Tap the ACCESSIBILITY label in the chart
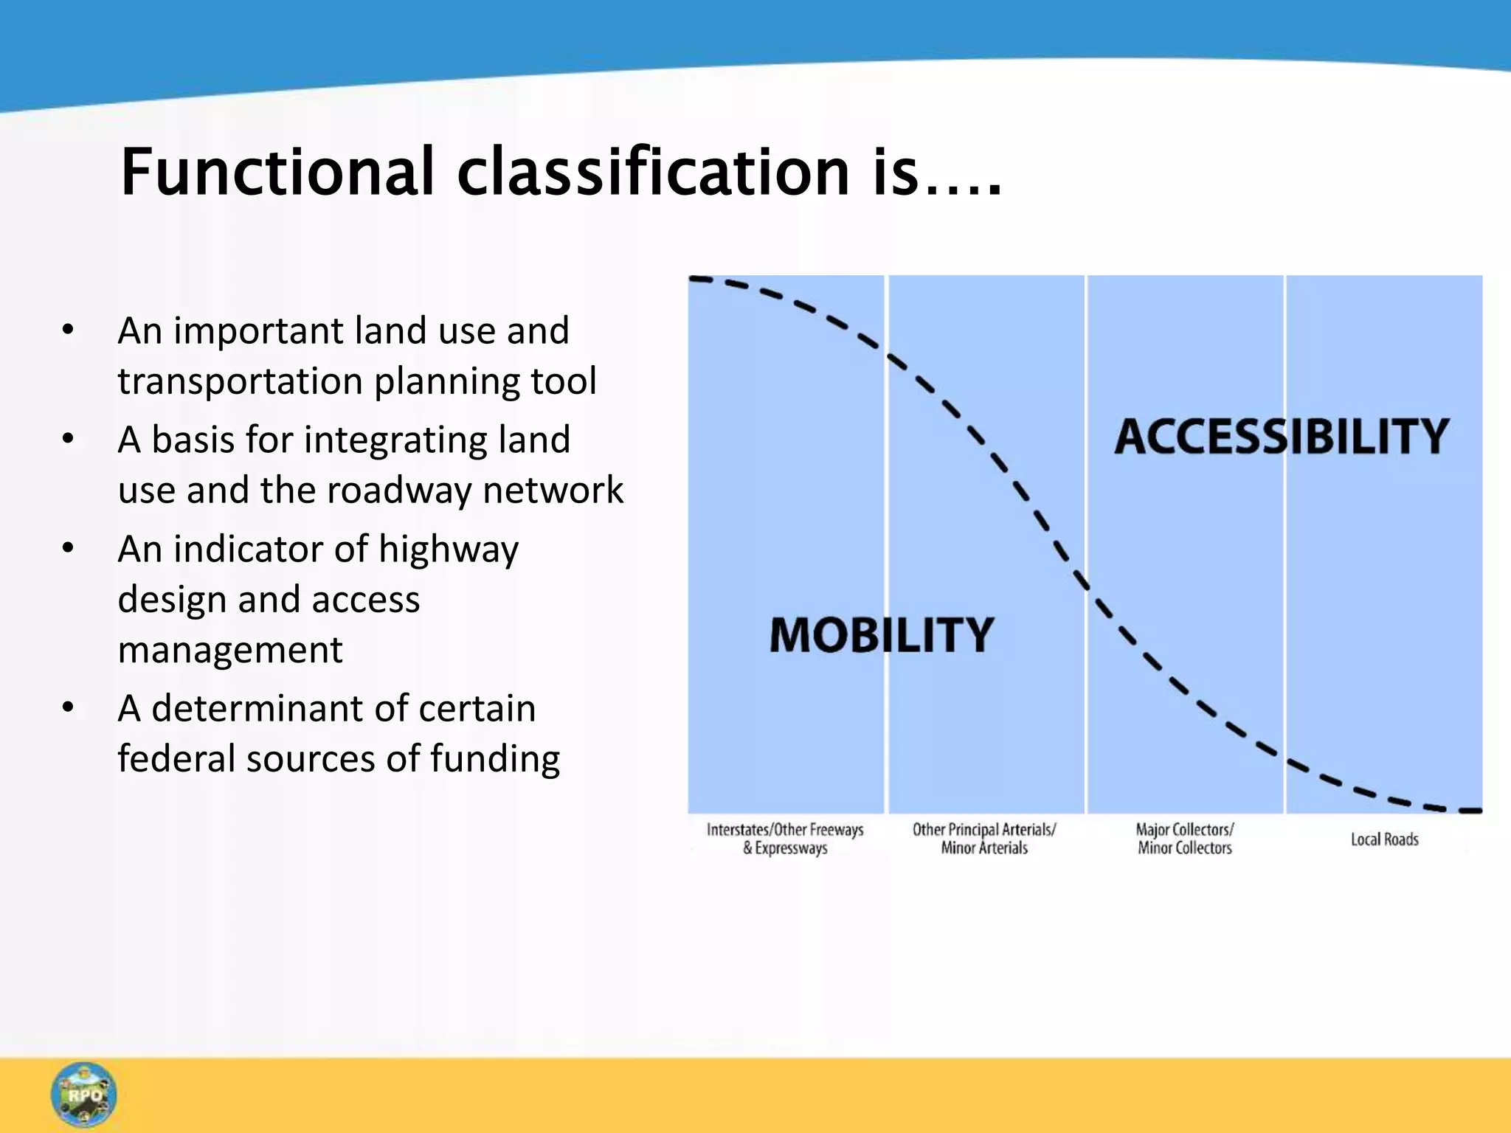[1282, 437]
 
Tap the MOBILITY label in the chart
[882, 635]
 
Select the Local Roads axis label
[1384, 839]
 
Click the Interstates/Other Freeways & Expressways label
[785, 839]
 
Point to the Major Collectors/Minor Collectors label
[1185, 839]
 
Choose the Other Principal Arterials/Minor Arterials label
[984, 839]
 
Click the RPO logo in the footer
[84, 1095]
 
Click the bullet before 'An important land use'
[68, 330]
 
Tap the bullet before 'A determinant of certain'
[68, 707]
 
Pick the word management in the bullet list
[230, 650]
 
